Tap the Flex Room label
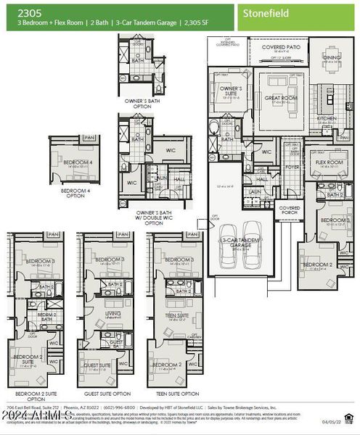point(328,162)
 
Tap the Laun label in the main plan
point(255,191)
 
